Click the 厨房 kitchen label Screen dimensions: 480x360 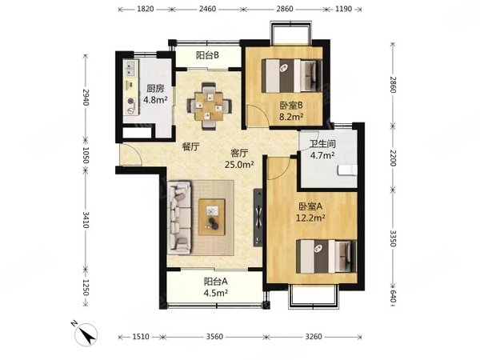click(x=155, y=89)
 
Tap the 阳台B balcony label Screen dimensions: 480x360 click(x=207, y=55)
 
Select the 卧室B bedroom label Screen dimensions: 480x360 click(x=291, y=106)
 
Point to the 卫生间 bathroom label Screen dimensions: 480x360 click(x=322, y=144)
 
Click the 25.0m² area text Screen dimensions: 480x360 click(x=239, y=165)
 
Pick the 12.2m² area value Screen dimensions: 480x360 click(x=310, y=218)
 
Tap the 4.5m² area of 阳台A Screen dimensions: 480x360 click(x=215, y=293)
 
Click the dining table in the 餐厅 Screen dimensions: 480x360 click(x=209, y=106)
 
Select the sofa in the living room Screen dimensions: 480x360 click(x=178, y=218)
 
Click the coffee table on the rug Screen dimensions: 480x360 click(x=212, y=217)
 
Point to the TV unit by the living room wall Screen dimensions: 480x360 click(x=258, y=218)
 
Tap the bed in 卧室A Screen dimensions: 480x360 click(x=326, y=257)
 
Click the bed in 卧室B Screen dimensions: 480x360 click(x=292, y=76)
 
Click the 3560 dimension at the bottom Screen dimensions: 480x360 click(x=214, y=337)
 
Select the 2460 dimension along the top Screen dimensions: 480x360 click(x=207, y=9)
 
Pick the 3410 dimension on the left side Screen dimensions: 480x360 click(x=86, y=219)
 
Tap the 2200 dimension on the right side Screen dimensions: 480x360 click(x=393, y=158)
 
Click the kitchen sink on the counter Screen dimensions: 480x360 click(x=130, y=69)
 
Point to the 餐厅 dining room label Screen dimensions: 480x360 click(x=190, y=147)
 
